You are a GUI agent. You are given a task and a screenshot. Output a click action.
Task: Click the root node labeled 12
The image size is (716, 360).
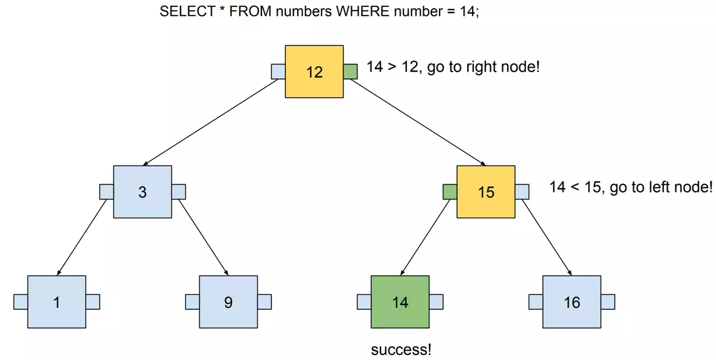click(314, 71)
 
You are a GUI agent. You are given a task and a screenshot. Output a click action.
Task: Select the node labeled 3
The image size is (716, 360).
click(142, 192)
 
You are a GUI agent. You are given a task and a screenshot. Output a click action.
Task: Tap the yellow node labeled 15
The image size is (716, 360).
click(486, 192)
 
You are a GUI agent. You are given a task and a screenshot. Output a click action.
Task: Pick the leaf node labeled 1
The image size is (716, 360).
click(56, 302)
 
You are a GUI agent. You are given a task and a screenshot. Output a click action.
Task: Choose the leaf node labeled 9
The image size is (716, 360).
click(228, 302)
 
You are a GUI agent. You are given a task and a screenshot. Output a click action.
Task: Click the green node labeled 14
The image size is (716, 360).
click(400, 302)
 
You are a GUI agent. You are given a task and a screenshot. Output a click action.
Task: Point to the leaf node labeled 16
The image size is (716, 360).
click(572, 302)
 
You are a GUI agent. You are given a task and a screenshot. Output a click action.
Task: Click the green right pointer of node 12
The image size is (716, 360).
click(350, 71)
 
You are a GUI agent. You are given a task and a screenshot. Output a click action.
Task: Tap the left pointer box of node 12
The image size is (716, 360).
click(278, 71)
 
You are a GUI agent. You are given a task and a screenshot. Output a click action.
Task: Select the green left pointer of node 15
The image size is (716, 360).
click(450, 192)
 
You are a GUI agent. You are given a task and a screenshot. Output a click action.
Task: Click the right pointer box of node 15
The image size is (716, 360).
click(522, 192)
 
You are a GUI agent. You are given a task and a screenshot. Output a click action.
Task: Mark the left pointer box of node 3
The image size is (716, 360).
click(107, 192)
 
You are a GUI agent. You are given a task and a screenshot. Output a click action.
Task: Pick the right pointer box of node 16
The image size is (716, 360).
click(608, 302)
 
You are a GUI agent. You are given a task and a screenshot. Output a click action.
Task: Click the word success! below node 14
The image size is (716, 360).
click(401, 350)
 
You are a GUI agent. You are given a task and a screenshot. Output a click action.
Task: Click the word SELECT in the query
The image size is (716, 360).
click(187, 11)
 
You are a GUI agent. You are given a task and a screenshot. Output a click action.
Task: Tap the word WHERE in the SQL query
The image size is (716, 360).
click(363, 11)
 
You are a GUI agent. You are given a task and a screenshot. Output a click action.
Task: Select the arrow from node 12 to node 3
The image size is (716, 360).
click(211, 122)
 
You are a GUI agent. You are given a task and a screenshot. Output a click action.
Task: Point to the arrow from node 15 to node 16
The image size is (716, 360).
click(547, 238)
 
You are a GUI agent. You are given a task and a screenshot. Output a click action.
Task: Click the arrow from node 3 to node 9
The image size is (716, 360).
click(203, 238)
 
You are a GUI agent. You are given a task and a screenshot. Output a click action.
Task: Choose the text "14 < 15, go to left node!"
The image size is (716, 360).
click(631, 187)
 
